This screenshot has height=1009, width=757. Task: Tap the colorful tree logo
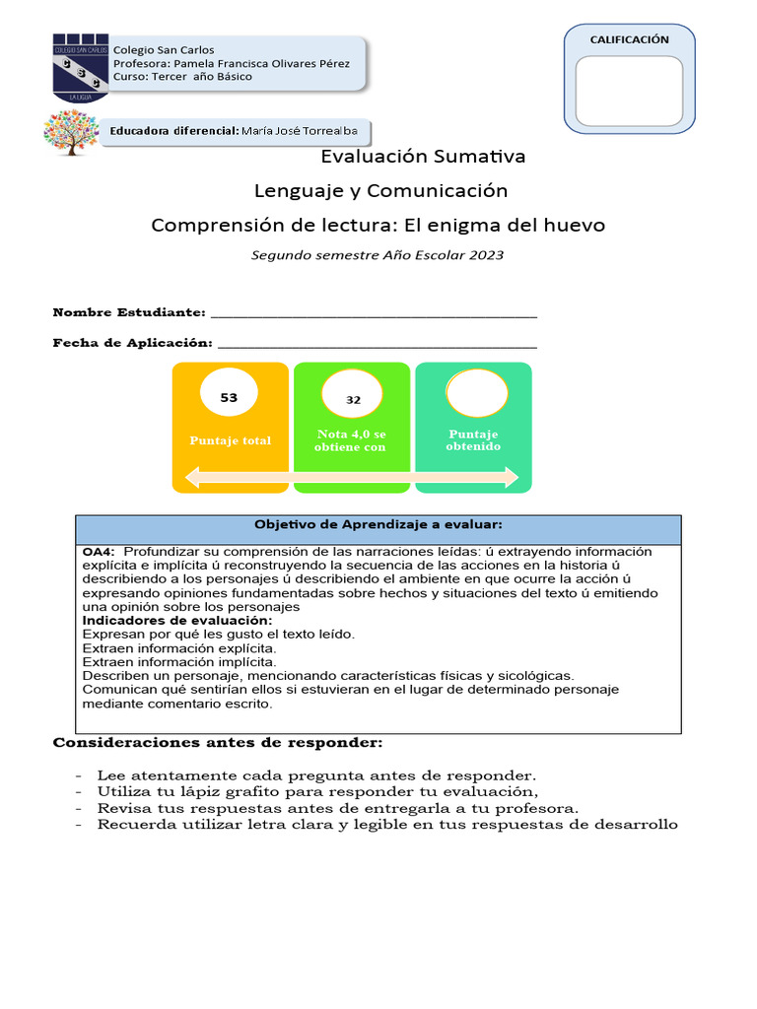(71, 132)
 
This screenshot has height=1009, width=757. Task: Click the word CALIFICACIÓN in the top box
(629, 39)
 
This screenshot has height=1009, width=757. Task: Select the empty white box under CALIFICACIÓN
(629, 91)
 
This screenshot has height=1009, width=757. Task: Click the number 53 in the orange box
(229, 398)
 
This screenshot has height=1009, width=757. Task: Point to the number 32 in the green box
(353, 400)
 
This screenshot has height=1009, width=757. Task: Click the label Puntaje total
(231, 440)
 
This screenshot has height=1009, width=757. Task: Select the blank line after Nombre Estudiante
(375, 313)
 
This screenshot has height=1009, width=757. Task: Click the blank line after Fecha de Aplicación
(377, 343)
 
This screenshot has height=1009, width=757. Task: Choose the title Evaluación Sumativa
(424, 157)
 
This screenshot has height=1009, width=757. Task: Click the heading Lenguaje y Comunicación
(380, 190)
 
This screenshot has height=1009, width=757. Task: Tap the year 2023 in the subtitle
(487, 255)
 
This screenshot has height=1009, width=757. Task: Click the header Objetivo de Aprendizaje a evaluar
(378, 524)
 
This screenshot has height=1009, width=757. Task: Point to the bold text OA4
(99, 552)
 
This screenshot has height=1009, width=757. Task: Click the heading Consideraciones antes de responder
(217, 742)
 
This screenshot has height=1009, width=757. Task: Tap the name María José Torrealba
(302, 131)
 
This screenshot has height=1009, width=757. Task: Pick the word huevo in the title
(574, 226)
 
